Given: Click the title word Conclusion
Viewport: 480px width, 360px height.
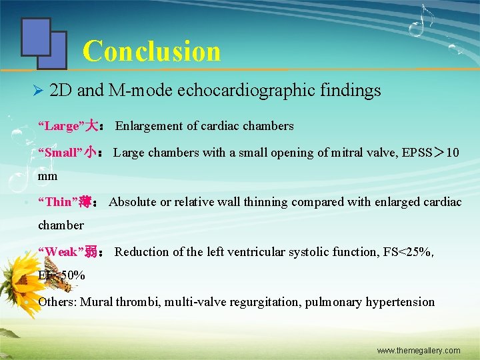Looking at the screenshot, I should tap(151, 51).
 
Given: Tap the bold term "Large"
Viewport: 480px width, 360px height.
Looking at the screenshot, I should tap(59, 126).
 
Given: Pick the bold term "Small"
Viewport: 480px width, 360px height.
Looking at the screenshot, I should tap(60, 153).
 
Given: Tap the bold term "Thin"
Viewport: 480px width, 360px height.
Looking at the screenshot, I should tap(58, 202).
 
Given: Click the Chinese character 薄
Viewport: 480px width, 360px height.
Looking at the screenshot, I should tap(85, 202).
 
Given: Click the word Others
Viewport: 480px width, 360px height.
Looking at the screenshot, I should tap(57, 302).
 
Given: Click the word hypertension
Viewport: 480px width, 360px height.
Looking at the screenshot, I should tap(399, 302).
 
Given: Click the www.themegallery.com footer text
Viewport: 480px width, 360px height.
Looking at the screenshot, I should tap(419, 350).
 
